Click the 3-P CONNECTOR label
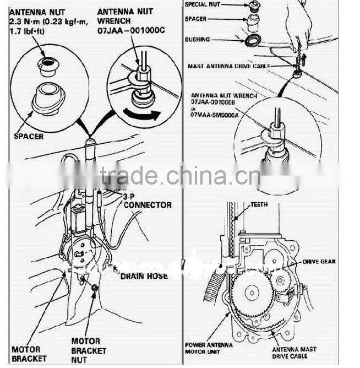point(147,201)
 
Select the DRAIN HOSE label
point(144,275)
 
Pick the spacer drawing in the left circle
point(48,100)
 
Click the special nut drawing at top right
point(254,6)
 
